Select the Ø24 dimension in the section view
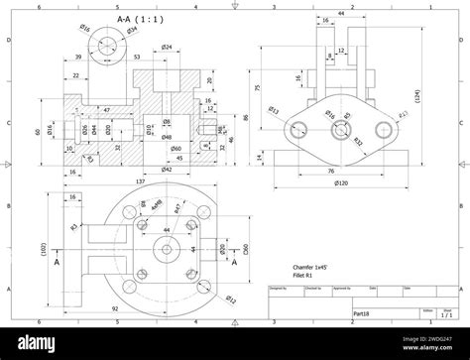[x=167, y=48]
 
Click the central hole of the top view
[x=161, y=248]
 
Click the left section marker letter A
[x=56, y=263]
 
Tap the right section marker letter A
[x=236, y=263]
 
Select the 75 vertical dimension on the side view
[x=257, y=87]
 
